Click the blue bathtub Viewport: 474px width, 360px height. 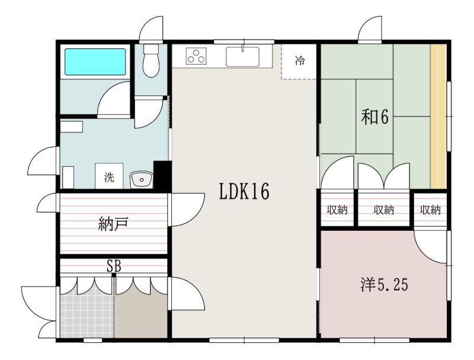95,62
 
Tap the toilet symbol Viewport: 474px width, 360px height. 151,61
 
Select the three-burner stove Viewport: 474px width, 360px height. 196,56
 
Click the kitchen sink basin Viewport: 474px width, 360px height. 242,56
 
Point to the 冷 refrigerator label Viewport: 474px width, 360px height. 300,60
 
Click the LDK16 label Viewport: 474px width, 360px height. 244,192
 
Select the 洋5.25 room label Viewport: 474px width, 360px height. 384,284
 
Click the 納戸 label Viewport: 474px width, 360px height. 113,224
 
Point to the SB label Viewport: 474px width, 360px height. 114,266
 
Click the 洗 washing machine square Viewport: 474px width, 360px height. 109,176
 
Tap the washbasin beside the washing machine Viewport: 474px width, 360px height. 142,180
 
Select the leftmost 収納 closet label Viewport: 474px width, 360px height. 337,209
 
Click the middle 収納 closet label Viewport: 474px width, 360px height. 383,209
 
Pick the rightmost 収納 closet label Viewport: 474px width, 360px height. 430,209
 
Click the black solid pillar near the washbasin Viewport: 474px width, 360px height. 162,176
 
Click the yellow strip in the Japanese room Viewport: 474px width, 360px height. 438,116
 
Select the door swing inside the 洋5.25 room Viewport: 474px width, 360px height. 431,247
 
